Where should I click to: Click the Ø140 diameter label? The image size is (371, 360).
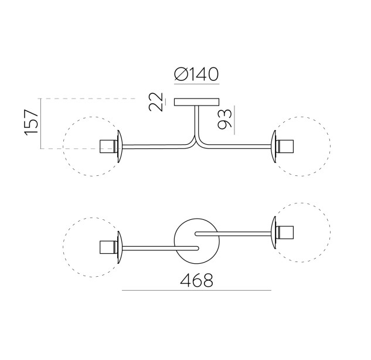(x=196, y=74)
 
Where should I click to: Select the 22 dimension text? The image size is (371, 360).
(x=156, y=102)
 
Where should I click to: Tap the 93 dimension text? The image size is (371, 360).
(x=224, y=119)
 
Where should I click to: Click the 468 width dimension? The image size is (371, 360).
(x=196, y=280)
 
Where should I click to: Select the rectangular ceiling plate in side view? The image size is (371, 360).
(x=196, y=102)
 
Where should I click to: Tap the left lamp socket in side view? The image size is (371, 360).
(x=108, y=147)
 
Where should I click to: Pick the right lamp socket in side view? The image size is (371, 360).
(x=285, y=147)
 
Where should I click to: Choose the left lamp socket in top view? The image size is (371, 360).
(x=108, y=247)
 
